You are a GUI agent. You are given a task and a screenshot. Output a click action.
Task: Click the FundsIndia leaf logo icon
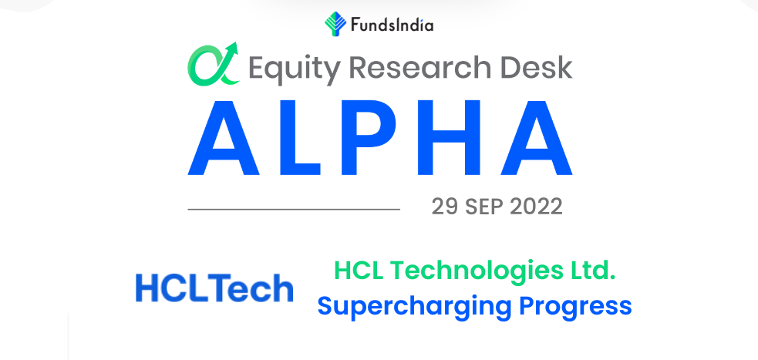(x=335, y=24)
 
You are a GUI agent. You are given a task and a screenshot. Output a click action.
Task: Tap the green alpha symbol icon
(x=213, y=64)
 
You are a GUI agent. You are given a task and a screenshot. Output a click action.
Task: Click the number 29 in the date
(x=445, y=207)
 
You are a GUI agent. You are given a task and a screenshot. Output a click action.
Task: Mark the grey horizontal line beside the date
(x=294, y=209)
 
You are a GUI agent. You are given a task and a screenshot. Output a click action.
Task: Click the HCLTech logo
(x=214, y=288)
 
